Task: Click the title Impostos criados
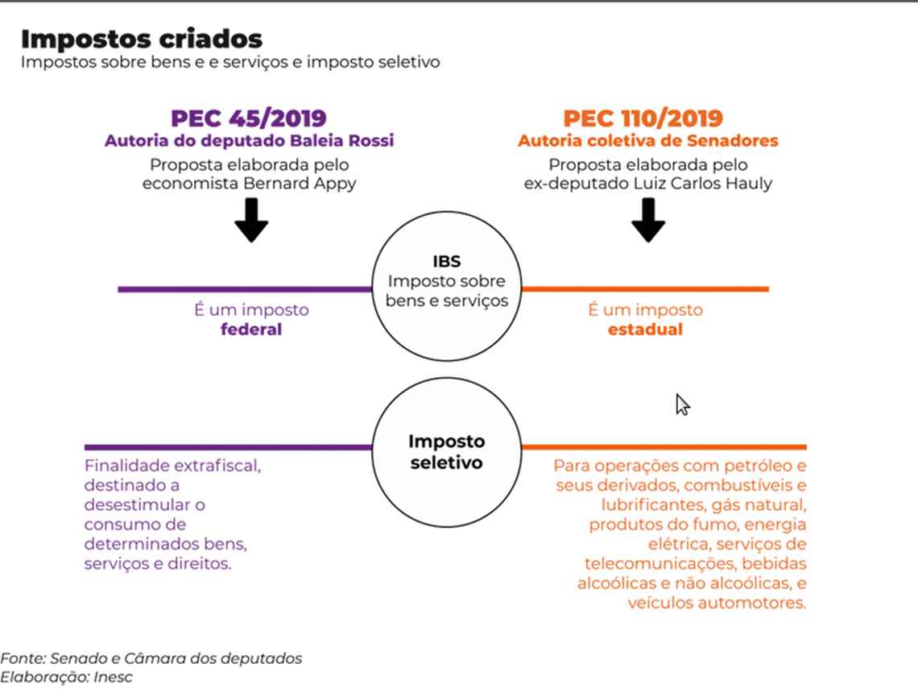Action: pos(141,39)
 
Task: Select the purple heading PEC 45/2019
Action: pos(248,118)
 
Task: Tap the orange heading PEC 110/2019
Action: pos(643,118)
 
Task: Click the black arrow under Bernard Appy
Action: pos(252,221)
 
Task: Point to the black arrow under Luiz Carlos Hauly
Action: pos(647,221)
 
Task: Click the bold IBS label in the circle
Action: pos(446,262)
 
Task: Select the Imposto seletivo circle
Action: pos(446,452)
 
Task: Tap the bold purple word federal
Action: pos(251,330)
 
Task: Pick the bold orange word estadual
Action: pos(645,330)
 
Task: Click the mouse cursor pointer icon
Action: pos(682,405)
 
